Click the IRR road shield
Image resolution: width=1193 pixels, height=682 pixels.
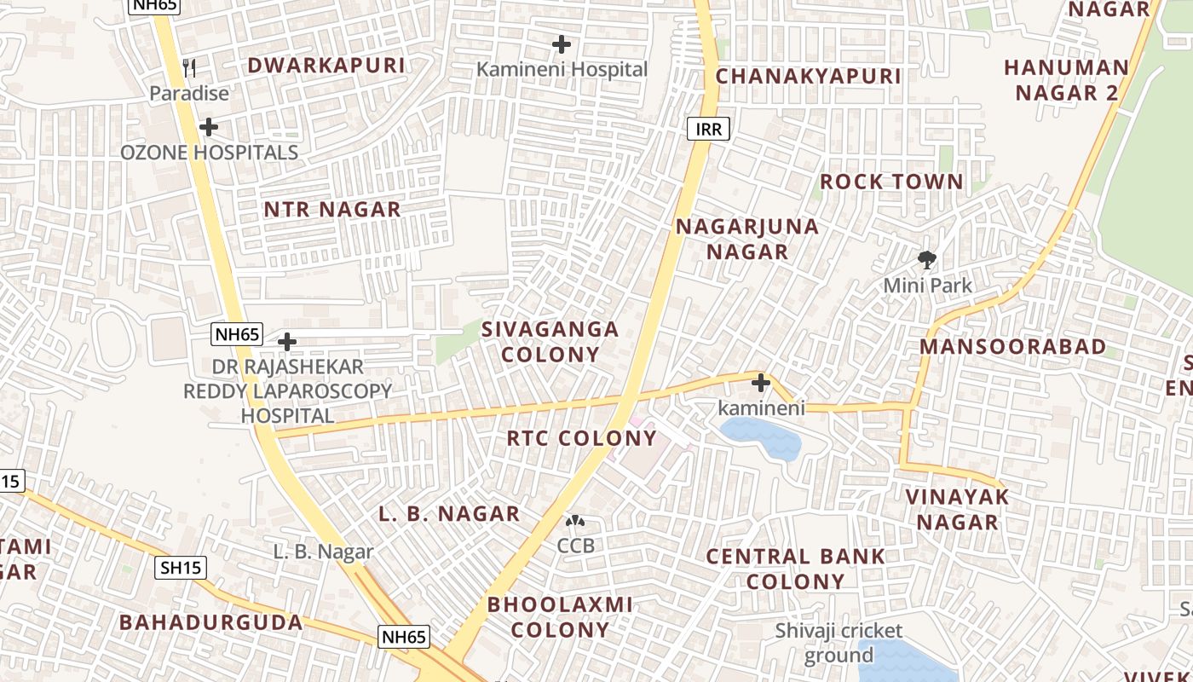pyautogui.click(x=708, y=130)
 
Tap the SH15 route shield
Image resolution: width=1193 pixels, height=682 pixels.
pyautogui.click(x=181, y=568)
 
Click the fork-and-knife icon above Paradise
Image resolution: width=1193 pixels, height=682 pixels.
pyautogui.click(x=189, y=68)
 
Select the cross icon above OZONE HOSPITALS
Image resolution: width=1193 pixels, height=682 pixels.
pyautogui.click(x=209, y=128)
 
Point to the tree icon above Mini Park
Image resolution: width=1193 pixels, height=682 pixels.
pyautogui.click(x=927, y=259)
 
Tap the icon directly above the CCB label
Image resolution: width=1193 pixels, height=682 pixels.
pyautogui.click(x=576, y=521)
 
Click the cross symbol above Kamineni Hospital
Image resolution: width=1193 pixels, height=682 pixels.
pyautogui.click(x=562, y=44)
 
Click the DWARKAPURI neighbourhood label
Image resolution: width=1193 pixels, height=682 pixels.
pyautogui.click(x=326, y=66)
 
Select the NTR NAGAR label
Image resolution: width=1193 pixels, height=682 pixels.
pyautogui.click(x=331, y=210)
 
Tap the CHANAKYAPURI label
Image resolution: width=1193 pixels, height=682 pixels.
pyautogui.click(x=808, y=77)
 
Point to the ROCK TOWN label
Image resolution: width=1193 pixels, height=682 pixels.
pyautogui.click(x=891, y=182)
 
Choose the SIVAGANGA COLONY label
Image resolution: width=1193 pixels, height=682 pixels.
pyautogui.click(x=550, y=342)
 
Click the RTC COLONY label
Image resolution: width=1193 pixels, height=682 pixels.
pyautogui.click(x=582, y=438)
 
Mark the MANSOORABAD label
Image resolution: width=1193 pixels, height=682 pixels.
pyautogui.click(x=1012, y=347)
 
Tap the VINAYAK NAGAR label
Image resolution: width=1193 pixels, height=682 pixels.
pyautogui.click(x=957, y=509)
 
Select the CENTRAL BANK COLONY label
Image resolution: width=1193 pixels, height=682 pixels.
pyautogui.click(x=796, y=569)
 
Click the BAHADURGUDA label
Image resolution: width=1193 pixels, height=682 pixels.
pyautogui.click(x=210, y=622)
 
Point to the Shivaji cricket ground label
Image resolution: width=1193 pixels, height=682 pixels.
pyautogui.click(x=839, y=643)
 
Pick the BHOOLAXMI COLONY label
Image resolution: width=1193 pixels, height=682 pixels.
pyautogui.click(x=560, y=617)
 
